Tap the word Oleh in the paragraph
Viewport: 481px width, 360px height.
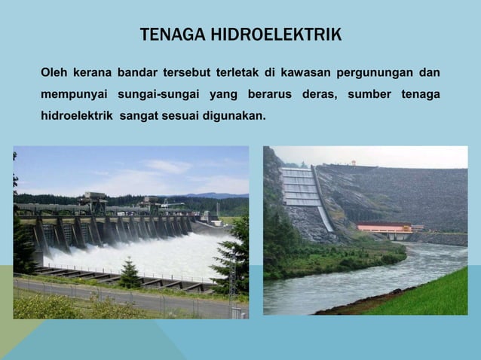(54, 73)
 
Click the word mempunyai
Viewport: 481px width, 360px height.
(73, 96)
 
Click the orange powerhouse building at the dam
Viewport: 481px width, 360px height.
(384, 227)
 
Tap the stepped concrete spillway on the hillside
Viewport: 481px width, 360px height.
(302, 188)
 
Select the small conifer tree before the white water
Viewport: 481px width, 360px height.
(130, 274)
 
